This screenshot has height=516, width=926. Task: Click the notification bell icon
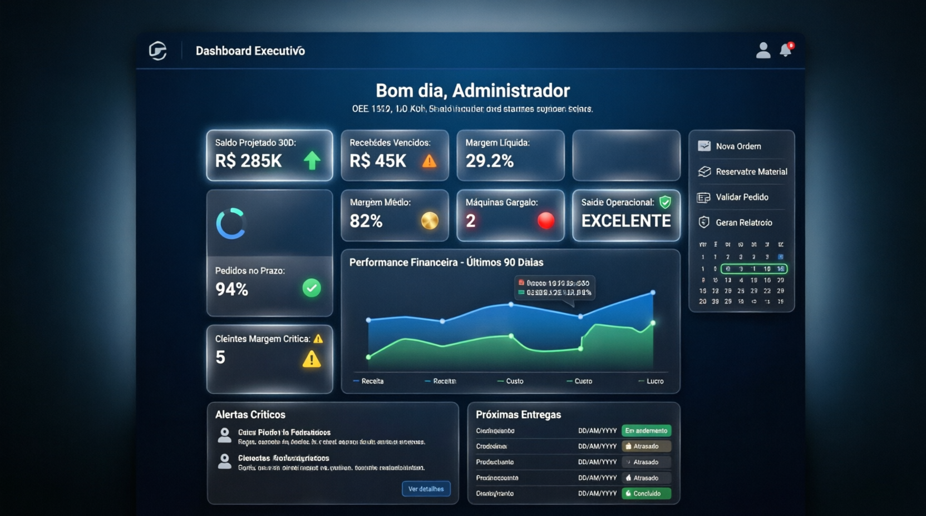click(x=785, y=50)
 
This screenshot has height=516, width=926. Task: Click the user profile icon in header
click(x=763, y=51)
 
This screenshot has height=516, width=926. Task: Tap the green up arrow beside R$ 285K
click(x=312, y=160)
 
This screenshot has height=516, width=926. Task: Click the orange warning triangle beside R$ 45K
click(x=429, y=161)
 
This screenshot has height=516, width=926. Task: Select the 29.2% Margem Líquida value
click(x=490, y=161)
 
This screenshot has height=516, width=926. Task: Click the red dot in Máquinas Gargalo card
click(x=546, y=221)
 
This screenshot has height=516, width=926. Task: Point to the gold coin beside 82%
click(x=430, y=221)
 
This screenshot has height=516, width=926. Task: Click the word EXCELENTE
click(x=626, y=221)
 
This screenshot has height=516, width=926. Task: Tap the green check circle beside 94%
click(x=312, y=288)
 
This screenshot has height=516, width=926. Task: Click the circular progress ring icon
click(x=230, y=224)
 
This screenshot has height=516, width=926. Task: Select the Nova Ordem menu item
click(x=738, y=146)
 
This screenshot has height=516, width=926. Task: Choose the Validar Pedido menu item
click(x=741, y=197)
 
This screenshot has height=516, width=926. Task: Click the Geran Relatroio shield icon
click(x=704, y=222)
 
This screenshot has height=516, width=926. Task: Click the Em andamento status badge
click(x=646, y=431)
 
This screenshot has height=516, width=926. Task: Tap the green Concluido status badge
click(x=646, y=494)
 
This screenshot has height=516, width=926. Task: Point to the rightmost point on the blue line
click(x=653, y=292)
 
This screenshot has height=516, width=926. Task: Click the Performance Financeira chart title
click(x=446, y=262)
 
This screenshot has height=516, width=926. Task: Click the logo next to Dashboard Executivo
click(x=158, y=51)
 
